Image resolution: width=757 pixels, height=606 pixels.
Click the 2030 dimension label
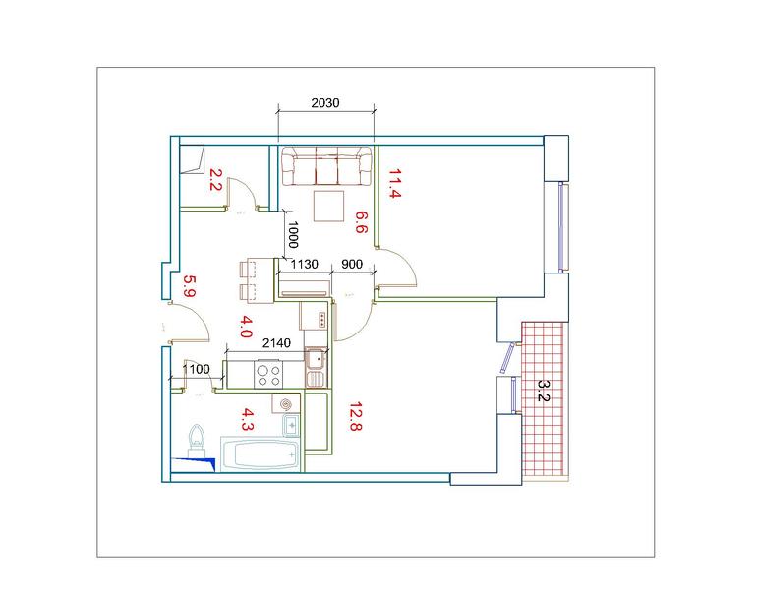click(x=324, y=103)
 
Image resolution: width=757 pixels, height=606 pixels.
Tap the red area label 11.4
click(x=395, y=184)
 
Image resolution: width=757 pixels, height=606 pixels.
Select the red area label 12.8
click(x=356, y=416)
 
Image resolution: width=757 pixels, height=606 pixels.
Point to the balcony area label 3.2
click(x=544, y=391)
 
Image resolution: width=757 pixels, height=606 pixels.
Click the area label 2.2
click(x=215, y=179)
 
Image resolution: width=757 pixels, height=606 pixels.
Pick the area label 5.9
click(x=189, y=286)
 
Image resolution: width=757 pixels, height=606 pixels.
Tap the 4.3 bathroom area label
click(x=247, y=419)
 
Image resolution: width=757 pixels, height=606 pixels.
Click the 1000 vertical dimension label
click(x=293, y=234)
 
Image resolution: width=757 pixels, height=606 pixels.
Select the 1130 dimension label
click(x=305, y=265)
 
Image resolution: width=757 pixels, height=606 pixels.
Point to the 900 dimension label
click(x=352, y=265)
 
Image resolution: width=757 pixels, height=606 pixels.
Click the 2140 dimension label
click(x=276, y=343)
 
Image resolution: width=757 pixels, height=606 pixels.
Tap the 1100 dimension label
click(x=197, y=369)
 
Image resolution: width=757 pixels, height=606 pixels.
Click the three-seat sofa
click(x=326, y=165)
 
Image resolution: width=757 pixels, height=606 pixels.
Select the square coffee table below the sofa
click(x=328, y=206)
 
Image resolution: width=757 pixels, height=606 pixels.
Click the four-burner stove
click(x=269, y=375)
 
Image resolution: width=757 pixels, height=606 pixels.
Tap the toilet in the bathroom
click(x=197, y=440)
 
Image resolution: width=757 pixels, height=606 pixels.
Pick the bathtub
click(x=261, y=454)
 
